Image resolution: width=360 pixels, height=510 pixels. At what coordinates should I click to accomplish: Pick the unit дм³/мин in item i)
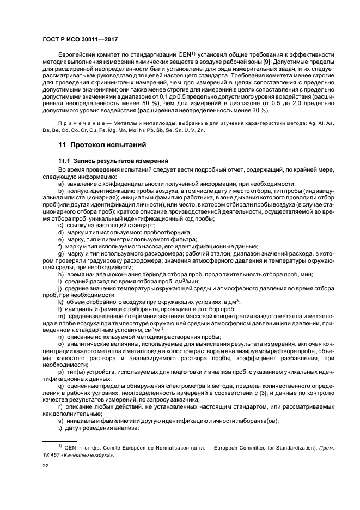click(x=172, y=281)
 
